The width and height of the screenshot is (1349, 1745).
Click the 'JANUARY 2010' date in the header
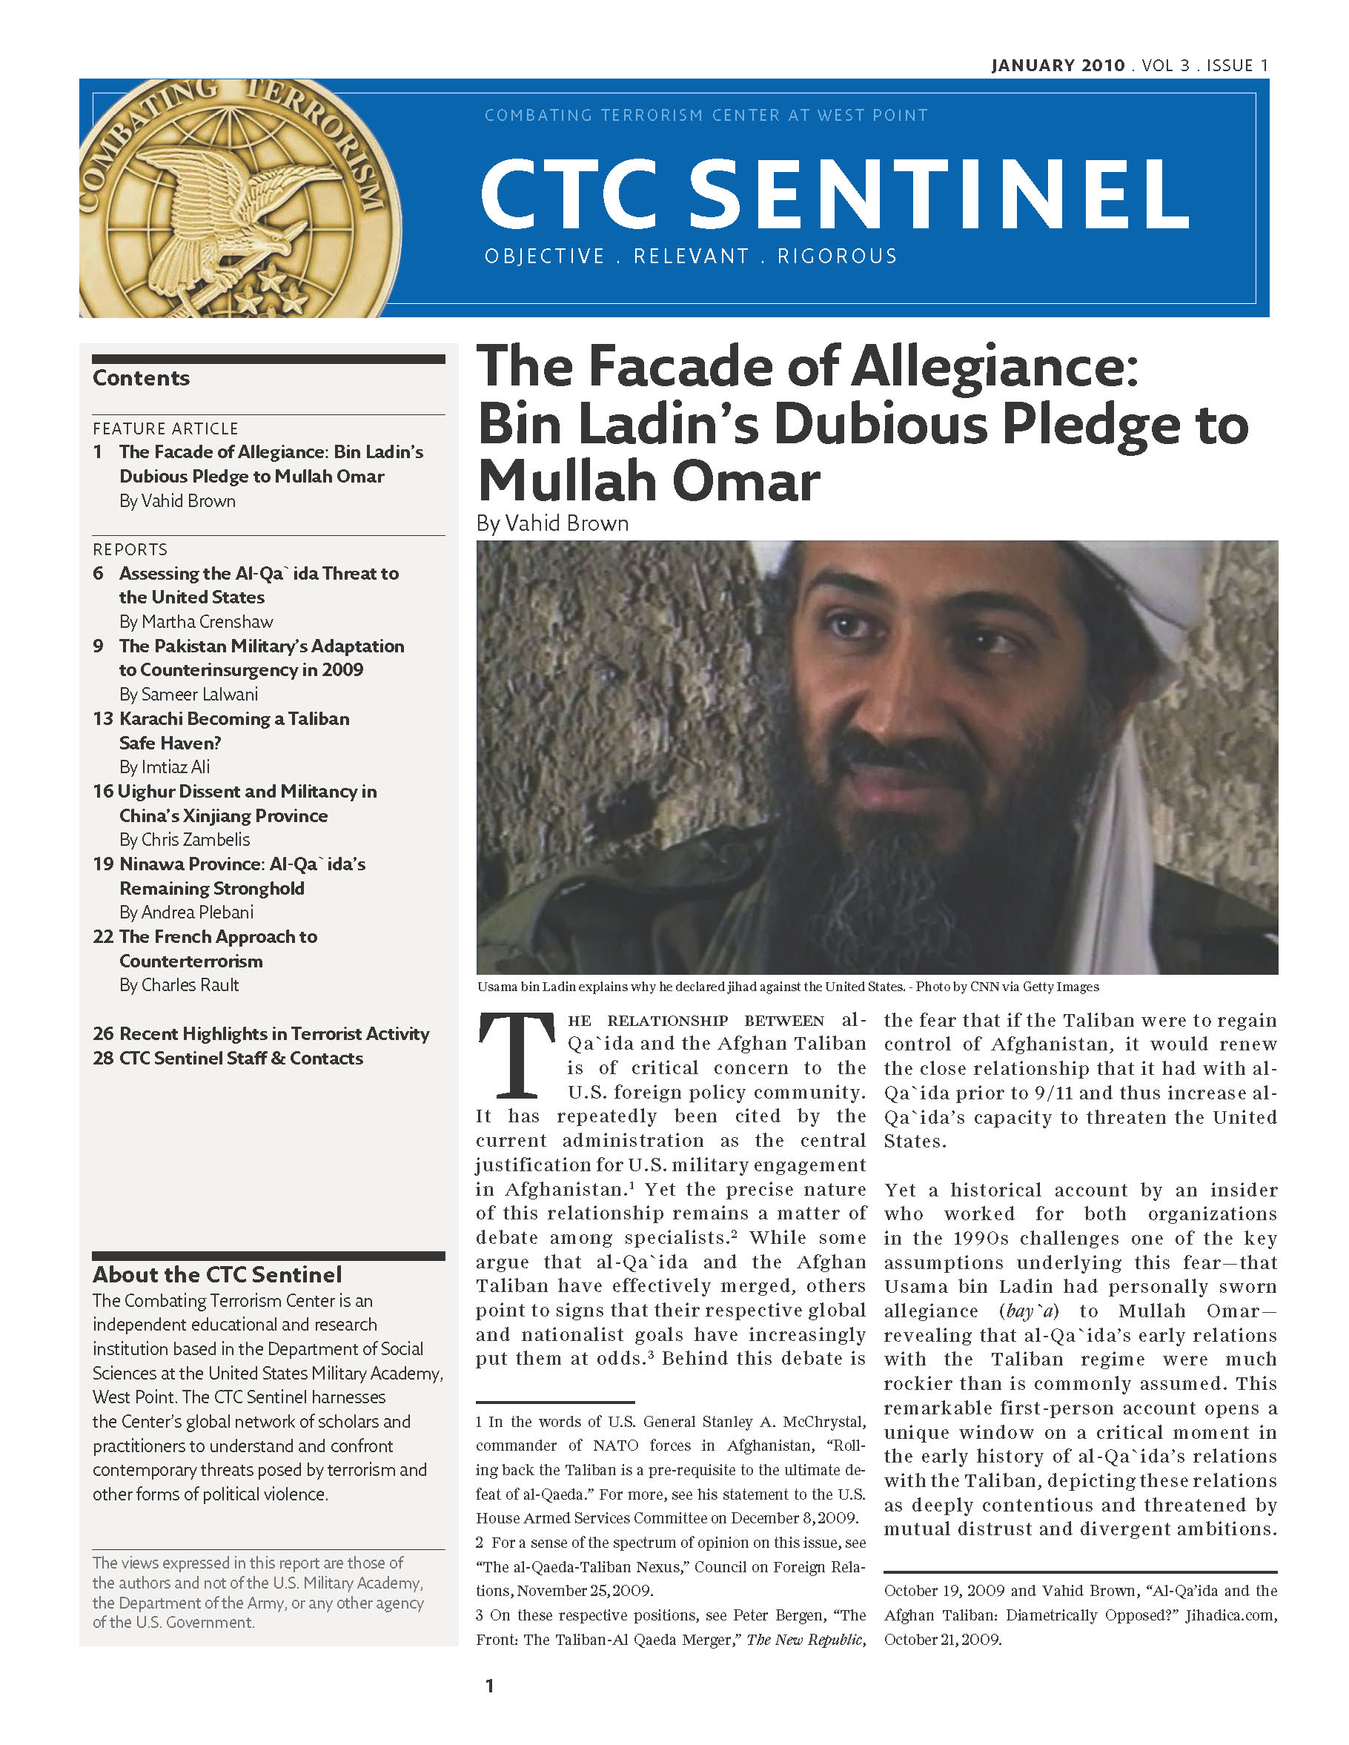(1058, 65)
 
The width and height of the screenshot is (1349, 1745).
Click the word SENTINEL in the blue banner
(938, 193)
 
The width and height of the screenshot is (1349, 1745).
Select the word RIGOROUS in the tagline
(837, 256)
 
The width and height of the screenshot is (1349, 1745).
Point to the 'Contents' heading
(142, 378)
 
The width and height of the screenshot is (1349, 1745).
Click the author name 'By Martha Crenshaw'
(196, 622)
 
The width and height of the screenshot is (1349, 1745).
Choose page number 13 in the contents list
(103, 718)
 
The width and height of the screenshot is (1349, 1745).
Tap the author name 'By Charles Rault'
(179, 985)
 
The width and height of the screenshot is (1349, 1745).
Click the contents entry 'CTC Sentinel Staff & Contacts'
(241, 1058)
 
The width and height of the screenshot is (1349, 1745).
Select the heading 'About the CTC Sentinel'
(217, 1274)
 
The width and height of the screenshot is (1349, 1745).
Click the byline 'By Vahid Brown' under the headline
(552, 523)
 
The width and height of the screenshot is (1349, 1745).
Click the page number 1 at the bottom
(490, 1686)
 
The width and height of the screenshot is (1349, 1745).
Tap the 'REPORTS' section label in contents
(130, 550)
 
